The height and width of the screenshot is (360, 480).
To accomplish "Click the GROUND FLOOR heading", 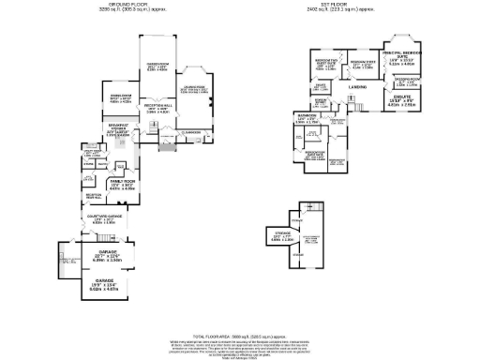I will (x=119, y=7).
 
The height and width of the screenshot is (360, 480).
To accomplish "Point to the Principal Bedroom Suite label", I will (x=400, y=61).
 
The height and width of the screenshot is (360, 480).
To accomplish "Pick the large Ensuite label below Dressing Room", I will (x=401, y=101).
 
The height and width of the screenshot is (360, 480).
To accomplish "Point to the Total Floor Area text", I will (x=239, y=335).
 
